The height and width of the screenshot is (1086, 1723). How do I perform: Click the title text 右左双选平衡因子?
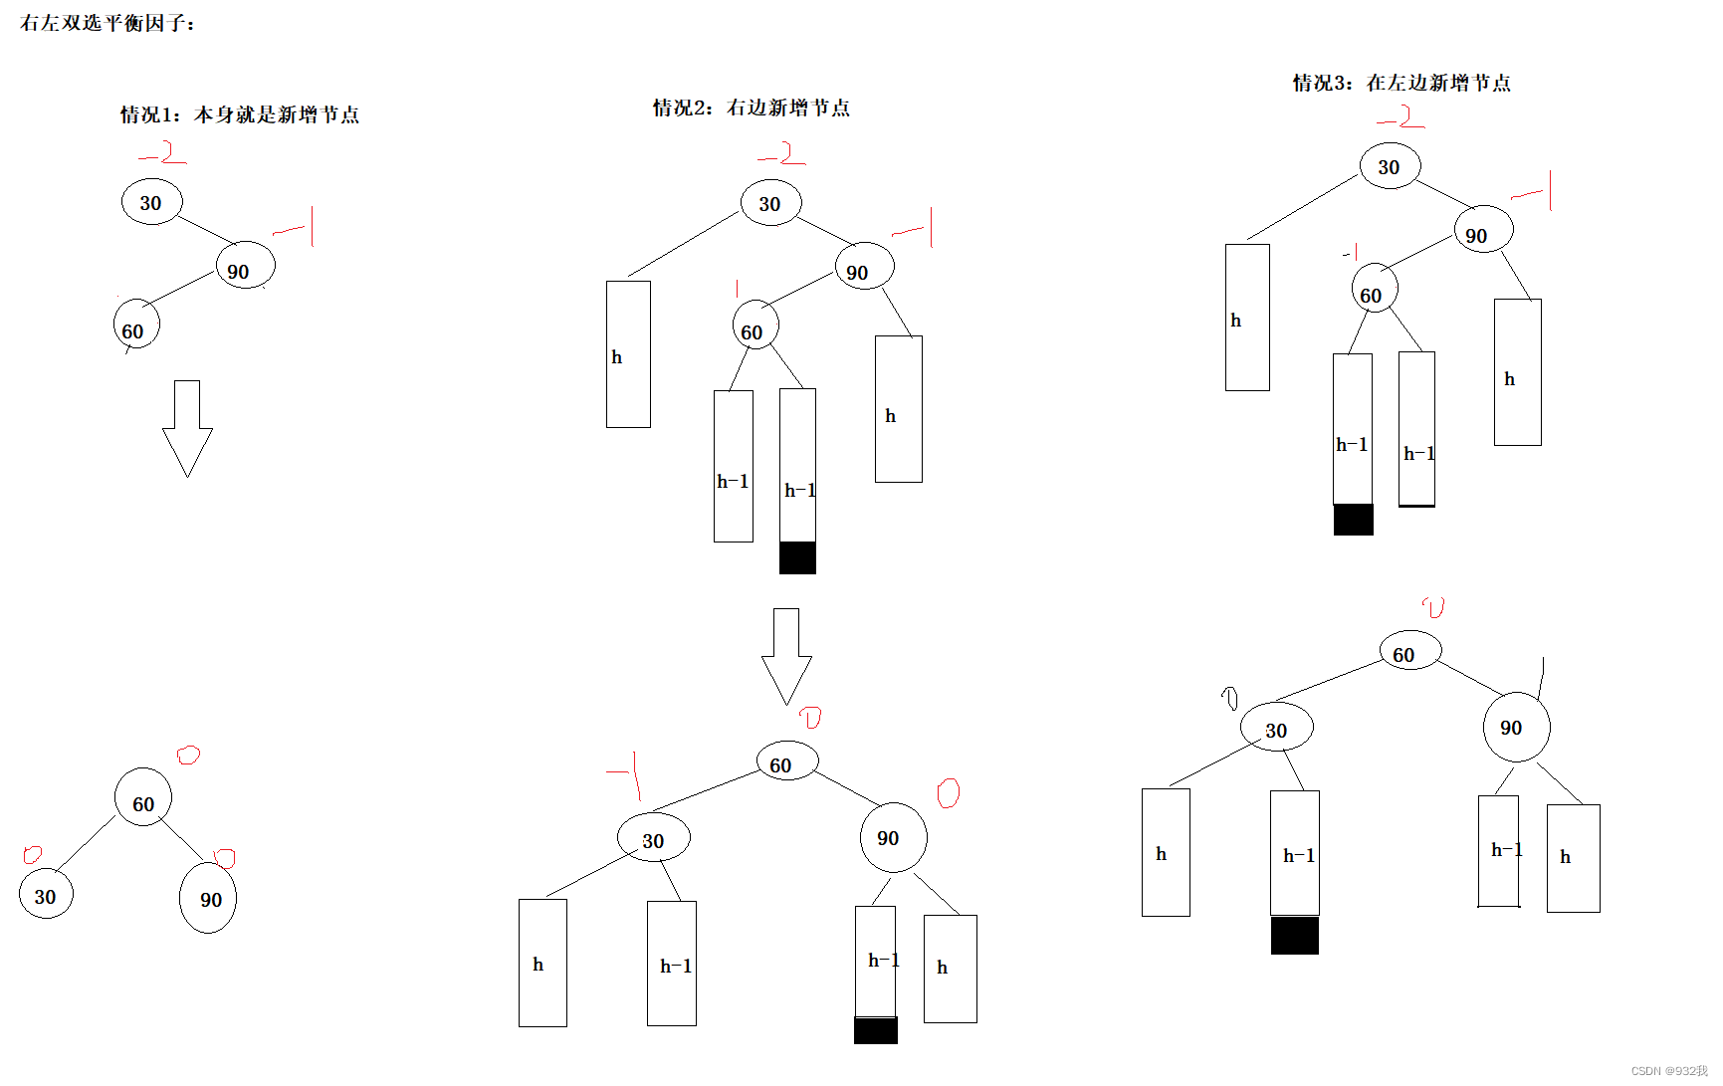[x=108, y=23]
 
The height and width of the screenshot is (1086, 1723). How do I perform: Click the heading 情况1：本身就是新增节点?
[x=239, y=114]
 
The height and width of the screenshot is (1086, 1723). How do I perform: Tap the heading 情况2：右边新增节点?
[x=752, y=108]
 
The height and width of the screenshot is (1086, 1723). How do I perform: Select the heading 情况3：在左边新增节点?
[x=1401, y=83]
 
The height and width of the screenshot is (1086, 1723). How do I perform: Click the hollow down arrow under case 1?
[x=187, y=428]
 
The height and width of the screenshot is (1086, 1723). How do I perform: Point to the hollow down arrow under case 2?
[x=786, y=656]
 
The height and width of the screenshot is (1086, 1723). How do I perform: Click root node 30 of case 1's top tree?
[x=152, y=202]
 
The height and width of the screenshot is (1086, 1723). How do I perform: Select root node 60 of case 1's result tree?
[x=143, y=802]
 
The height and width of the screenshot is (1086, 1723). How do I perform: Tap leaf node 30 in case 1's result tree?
[x=46, y=896]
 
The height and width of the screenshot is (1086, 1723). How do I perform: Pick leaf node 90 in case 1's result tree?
[x=208, y=899]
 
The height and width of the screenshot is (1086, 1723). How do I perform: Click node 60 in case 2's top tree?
[x=754, y=327]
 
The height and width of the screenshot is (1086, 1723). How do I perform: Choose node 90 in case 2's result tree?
[x=893, y=838]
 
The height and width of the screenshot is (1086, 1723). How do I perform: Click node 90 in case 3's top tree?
[x=1483, y=231]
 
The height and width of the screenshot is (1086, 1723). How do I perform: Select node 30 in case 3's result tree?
[x=1276, y=729]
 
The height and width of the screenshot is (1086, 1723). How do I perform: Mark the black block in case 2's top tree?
[x=797, y=557]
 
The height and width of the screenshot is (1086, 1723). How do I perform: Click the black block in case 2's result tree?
[x=876, y=1030]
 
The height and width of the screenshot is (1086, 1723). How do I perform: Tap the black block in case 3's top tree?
[x=1353, y=520]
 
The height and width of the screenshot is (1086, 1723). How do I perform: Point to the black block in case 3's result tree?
[x=1294, y=936]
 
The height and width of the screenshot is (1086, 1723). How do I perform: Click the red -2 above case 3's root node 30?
[x=1400, y=118]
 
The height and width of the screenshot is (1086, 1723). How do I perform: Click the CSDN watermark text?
[x=1668, y=1071]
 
